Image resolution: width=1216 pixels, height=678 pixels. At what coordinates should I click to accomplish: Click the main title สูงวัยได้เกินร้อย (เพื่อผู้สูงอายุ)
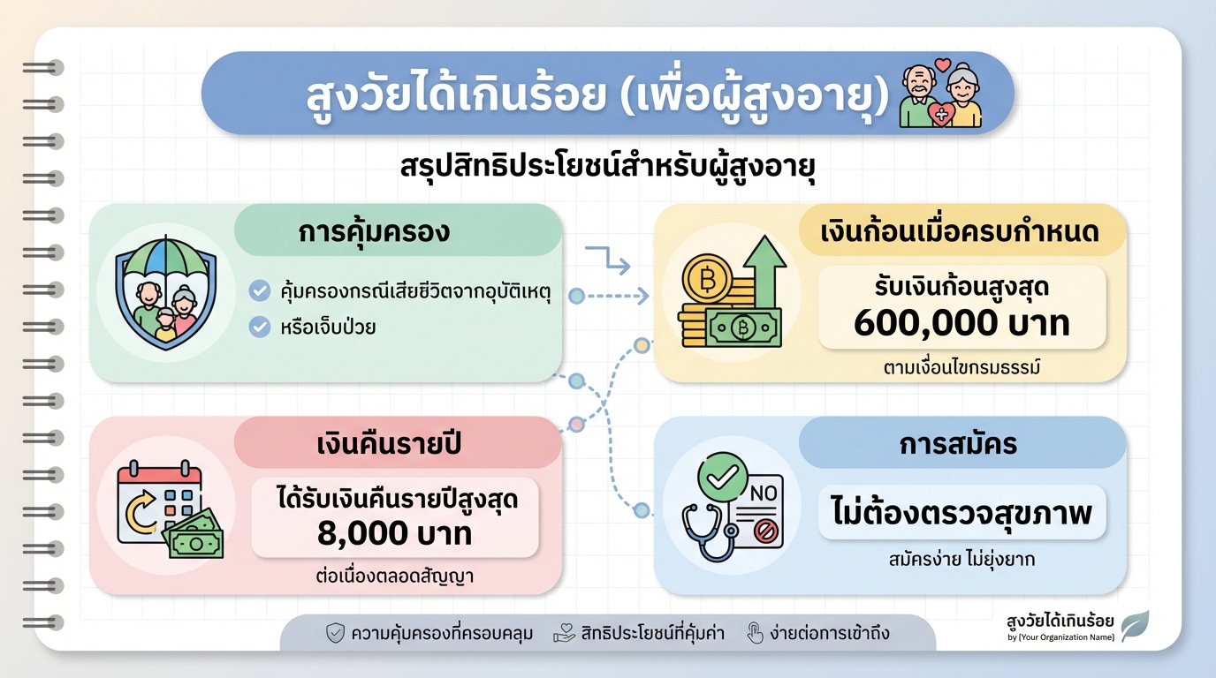(597, 95)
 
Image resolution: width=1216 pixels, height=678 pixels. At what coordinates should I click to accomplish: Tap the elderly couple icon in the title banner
(940, 94)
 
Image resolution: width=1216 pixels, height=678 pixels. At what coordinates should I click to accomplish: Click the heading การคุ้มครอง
(375, 231)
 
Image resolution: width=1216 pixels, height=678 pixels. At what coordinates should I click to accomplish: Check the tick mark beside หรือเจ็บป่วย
(259, 327)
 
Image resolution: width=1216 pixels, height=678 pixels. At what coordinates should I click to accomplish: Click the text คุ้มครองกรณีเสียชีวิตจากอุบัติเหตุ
(414, 290)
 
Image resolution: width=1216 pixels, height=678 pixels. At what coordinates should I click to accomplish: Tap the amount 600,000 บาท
(961, 323)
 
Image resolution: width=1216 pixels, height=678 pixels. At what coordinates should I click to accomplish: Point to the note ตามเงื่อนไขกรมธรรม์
(961, 367)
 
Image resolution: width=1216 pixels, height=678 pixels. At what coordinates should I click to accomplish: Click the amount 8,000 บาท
(394, 532)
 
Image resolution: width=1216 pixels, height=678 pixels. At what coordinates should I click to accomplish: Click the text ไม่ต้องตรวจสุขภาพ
(961, 513)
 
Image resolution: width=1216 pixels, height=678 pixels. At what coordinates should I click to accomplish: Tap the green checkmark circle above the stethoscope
(722, 478)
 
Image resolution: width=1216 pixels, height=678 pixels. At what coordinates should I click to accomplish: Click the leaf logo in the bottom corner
(1135, 625)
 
